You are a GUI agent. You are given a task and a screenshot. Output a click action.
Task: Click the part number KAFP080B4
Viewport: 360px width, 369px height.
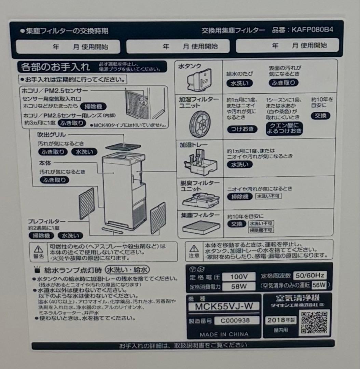(312, 30)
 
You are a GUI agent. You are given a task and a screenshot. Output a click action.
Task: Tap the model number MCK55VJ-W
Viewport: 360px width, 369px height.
(224, 306)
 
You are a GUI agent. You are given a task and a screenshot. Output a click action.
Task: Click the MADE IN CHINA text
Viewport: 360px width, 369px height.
(224, 334)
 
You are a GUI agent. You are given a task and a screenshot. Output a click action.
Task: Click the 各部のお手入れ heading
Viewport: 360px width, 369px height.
(55, 66)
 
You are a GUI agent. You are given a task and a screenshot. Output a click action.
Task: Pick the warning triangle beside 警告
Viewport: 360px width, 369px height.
(38, 248)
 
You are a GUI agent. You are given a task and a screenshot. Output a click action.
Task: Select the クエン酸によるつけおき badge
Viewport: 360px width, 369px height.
(284, 128)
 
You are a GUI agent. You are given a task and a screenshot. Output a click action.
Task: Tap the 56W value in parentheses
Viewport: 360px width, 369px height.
(319, 285)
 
